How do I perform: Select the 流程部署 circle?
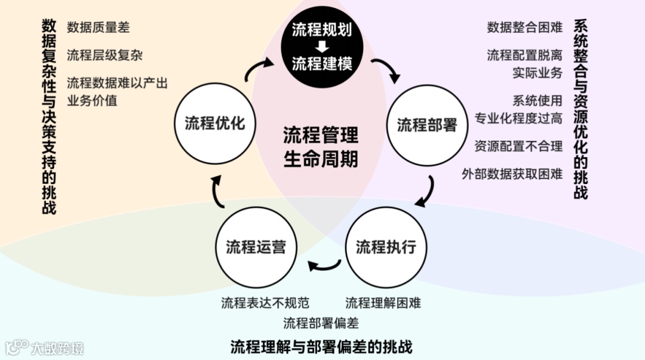(427, 125)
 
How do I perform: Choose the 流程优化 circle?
(214, 124)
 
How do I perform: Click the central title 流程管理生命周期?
(321, 147)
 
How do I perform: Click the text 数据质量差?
(98, 27)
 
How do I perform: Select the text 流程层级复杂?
(105, 56)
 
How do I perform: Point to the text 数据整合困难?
(524, 27)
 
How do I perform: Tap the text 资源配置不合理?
(518, 146)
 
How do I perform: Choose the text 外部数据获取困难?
(512, 174)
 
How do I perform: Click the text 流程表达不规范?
(265, 303)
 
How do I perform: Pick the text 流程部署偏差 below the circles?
(321, 324)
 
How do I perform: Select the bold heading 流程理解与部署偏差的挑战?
(321, 347)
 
